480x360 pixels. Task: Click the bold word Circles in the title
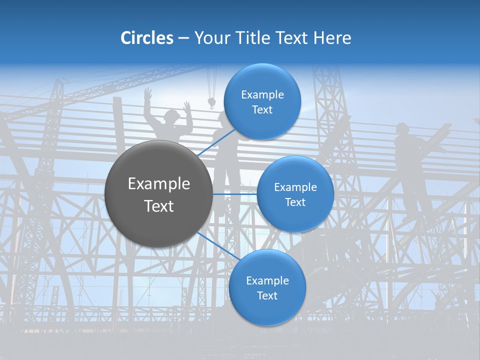pyautogui.click(x=147, y=38)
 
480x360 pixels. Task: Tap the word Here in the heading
pyautogui.click(x=332, y=38)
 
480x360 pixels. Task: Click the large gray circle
pyautogui.click(x=158, y=193)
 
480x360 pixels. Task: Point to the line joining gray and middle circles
pyautogui.click(x=234, y=193)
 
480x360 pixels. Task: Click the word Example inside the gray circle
pyautogui.click(x=159, y=184)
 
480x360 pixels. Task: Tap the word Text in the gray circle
pyautogui.click(x=159, y=206)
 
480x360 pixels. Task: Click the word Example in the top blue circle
pyautogui.click(x=262, y=95)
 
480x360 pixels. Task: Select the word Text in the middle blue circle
pyautogui.click(x=295, y=202)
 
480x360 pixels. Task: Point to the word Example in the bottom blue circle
pyautogui.click(x=267, y=281)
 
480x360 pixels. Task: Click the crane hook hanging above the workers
pyautogui.click(x=211, y=103)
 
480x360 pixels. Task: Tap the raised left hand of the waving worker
pyautogui.click(x=147, y=93)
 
